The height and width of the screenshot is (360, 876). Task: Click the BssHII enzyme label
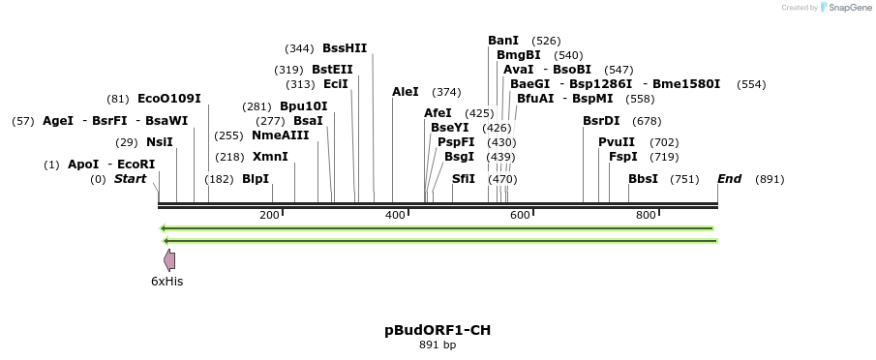[x=345, y=48]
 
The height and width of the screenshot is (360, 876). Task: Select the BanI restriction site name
[x=503, y=41]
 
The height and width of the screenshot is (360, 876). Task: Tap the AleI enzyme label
[x=406, y=92]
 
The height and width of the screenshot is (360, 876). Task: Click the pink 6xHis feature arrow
[x=169, y=259]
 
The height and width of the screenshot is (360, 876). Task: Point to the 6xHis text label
[x=166, y=282]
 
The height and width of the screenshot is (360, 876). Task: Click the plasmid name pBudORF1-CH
[x=438, y=330]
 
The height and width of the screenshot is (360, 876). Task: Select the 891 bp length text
[x=438, y=345]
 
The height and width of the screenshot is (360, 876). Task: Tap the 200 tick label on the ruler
[x=269, y=215]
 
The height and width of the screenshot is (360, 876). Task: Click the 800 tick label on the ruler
[x=646, y=215]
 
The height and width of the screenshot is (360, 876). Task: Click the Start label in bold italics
[x=130, y=179]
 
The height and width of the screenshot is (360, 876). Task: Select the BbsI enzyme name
[x=643, y=179]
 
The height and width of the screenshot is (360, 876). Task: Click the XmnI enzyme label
[x=270, y=157]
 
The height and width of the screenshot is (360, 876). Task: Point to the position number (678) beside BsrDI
[x=647, y=121]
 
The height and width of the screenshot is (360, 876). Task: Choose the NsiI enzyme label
[x=160, y=142]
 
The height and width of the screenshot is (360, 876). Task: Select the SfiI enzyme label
[x=464, y=179]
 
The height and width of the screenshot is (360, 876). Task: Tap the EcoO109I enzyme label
[x=169, y=99]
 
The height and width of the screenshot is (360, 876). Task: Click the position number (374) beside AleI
[x=446, y=92]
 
